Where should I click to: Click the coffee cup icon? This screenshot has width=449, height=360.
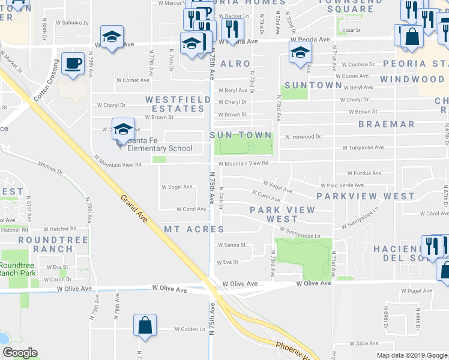pyautogui.click(x=73, y=63)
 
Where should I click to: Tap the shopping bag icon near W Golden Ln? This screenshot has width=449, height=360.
pyautogui.click(x=145, y=326)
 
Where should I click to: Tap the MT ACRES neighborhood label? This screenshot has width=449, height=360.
pyautogui.click(x=194, y=229)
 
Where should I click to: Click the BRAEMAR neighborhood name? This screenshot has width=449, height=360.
pyautogui.click(x=386, y=124)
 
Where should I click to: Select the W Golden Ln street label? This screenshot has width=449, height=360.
pyautogui.click(x=190, y=329)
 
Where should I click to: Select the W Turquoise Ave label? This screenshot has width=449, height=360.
pyautogui.click(x=363, y=148)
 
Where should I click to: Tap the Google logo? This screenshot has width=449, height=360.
pyautogui.click(x=20, y=353)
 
